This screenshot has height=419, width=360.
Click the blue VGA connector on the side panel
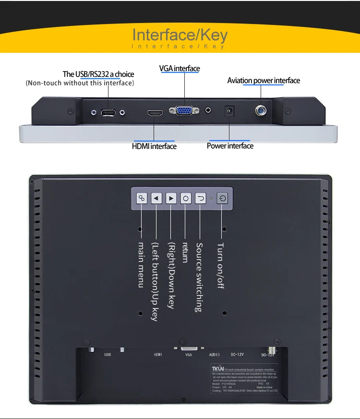183,111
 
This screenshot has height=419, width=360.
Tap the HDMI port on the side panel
155,113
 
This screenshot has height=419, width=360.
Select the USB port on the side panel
108,113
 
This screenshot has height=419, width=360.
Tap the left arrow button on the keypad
156,198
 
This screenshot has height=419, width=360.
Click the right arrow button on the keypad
171,198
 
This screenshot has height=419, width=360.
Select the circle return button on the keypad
186,198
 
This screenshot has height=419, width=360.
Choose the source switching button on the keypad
201,198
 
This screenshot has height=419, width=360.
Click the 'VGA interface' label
180,68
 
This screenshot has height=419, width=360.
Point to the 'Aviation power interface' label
264,80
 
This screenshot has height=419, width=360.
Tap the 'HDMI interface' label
154,146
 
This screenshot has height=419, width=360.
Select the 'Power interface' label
230,146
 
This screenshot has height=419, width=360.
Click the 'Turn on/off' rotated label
220,265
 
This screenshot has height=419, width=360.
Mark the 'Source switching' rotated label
199,277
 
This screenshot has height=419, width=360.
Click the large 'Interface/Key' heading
180,35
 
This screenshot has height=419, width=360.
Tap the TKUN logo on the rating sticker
218,369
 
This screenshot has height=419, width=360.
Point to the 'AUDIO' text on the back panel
214,355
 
